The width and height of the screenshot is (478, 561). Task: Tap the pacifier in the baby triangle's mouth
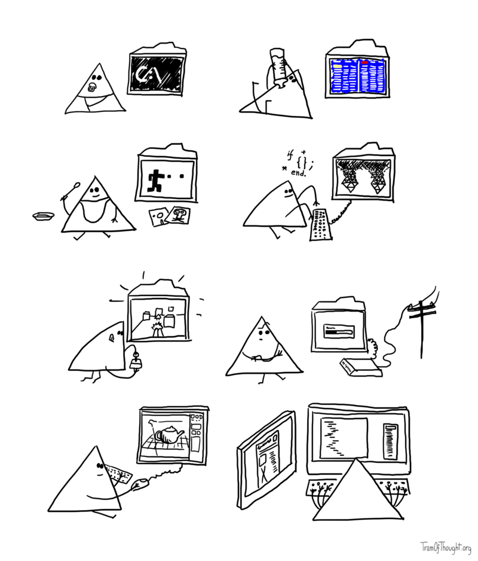93,87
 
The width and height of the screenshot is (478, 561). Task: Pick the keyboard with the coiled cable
320,224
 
